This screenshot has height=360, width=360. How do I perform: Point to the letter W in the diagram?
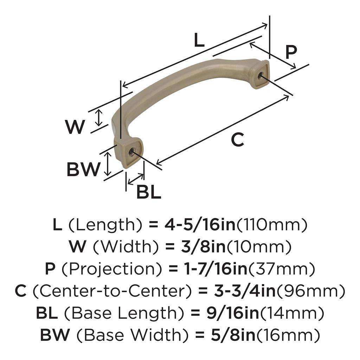pyautogui.click(x=75, y=127)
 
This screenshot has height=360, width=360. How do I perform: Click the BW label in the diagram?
pyautogui.click(x=83, y=171)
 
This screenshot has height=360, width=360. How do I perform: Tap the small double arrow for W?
pyautogui.click(x=99, y=118)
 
